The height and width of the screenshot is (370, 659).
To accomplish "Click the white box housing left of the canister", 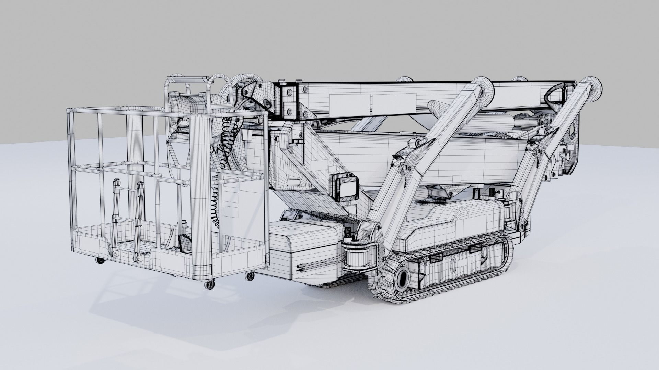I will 305,250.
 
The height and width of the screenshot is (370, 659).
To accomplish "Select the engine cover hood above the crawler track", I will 456,219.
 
